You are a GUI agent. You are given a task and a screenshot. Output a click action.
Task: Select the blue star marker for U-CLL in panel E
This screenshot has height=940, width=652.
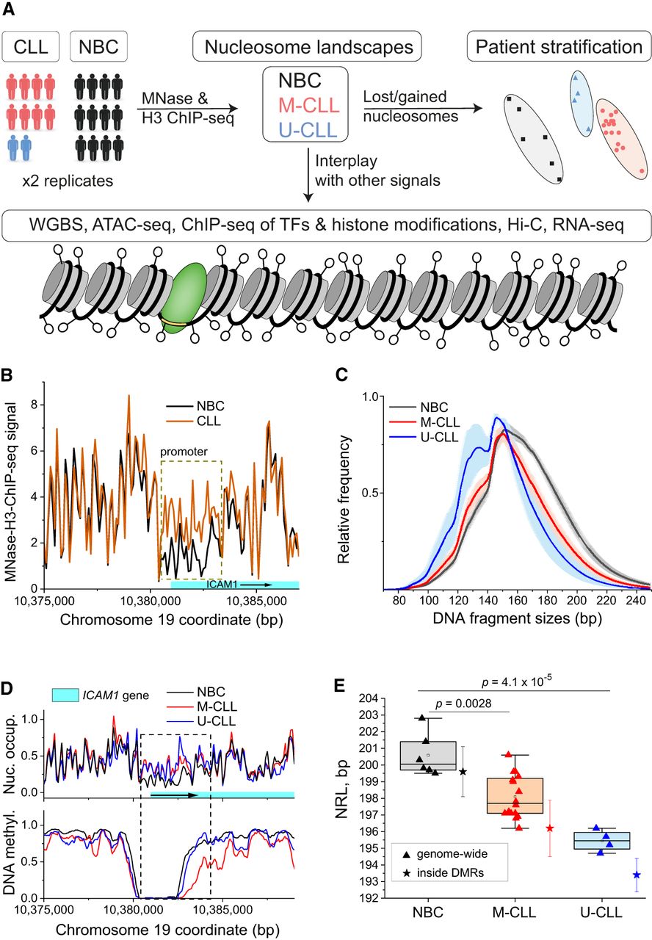pyautogui.click(x=637, y=875)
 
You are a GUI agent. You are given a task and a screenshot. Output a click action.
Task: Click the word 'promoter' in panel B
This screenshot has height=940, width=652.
pyautogui.click(x=184, y=451)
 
